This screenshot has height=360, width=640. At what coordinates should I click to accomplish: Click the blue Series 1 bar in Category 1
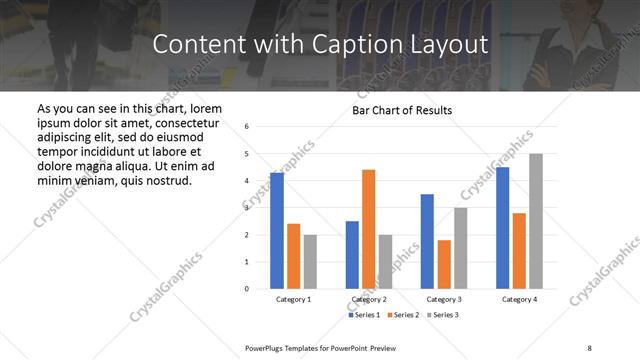tap(277, 231)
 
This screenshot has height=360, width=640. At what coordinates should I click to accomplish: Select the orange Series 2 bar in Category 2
tap(368, 229)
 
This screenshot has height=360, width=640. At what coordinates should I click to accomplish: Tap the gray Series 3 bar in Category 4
tap(535, 221)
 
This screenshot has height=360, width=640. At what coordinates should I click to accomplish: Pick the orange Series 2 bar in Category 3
tap(444, 264)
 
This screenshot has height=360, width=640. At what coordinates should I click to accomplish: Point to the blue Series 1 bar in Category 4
tap(502, 228)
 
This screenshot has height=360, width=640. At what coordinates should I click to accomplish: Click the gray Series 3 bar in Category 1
tap(310, 262)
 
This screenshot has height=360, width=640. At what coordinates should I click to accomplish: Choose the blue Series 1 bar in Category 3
tap(427, 241)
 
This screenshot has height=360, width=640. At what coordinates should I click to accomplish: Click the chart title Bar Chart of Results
tap(402, 110)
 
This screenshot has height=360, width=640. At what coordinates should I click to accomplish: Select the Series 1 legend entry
tap(365, 315)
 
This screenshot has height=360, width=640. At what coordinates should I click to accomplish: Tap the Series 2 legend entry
tap(402, 315)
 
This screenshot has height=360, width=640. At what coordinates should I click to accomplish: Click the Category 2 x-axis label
tap(369, 299)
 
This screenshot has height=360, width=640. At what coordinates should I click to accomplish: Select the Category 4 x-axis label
tap(519, 299)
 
